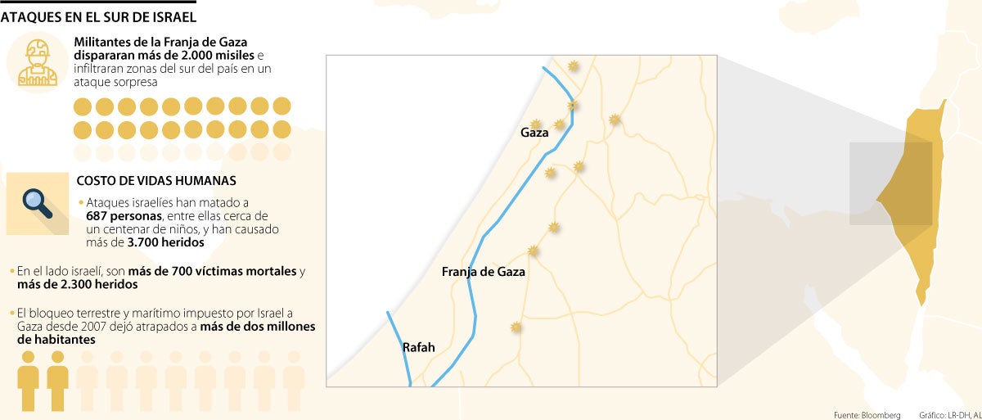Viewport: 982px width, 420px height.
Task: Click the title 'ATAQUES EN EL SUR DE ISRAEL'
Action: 97,16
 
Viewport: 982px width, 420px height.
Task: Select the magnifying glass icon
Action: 37,202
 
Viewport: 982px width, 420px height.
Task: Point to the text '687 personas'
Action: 124,215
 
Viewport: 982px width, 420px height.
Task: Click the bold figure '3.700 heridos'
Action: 165,243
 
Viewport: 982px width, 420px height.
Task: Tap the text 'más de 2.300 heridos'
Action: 77,284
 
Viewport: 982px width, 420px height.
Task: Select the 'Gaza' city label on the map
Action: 534,133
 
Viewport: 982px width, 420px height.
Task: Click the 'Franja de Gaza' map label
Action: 483,271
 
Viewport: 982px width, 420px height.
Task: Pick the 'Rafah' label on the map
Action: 418,347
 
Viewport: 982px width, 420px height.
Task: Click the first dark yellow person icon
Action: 29,381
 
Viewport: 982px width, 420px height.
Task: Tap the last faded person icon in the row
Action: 294,381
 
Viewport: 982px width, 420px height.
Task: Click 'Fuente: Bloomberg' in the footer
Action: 867,413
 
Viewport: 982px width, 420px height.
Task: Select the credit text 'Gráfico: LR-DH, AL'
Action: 947,413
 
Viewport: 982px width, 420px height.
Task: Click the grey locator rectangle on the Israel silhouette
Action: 890,183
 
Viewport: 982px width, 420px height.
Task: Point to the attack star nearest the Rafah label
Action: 516,327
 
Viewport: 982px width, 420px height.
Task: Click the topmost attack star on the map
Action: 573,65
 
